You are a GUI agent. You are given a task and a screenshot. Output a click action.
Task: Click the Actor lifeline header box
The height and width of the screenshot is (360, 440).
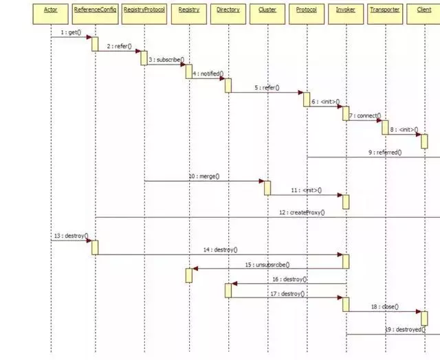(50, 10)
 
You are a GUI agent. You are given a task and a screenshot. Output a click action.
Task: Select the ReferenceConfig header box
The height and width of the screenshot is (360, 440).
(95, 10)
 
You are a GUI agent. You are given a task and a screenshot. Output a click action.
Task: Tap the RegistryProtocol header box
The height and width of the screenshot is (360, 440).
(144, 10)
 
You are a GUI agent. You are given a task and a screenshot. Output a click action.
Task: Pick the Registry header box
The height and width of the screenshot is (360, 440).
(188, 10)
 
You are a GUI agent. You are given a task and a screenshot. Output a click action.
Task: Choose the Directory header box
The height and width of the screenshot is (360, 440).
(228, 10)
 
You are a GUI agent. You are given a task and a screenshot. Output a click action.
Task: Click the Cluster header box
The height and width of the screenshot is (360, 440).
(267, 10)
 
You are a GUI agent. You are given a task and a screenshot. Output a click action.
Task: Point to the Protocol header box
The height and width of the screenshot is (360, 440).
(307, 10)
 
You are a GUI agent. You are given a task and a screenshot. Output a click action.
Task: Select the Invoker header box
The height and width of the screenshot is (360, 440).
(346, 10)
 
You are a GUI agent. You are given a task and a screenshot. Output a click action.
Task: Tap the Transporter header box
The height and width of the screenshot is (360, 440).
(385, 10)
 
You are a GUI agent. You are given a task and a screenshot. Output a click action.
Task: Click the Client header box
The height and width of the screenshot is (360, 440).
(424, 10)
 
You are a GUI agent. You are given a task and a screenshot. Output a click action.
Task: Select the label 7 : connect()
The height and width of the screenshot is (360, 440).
(364, 115)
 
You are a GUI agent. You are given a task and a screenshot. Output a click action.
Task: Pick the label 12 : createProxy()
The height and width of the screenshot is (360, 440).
(302, 212)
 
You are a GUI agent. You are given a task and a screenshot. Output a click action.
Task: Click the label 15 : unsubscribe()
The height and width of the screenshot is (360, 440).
(267, 265)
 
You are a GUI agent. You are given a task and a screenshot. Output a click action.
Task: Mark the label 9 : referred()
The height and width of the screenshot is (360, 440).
(384, 153)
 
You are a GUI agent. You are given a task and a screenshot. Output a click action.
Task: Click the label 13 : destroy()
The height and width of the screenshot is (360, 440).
(71, 236)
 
